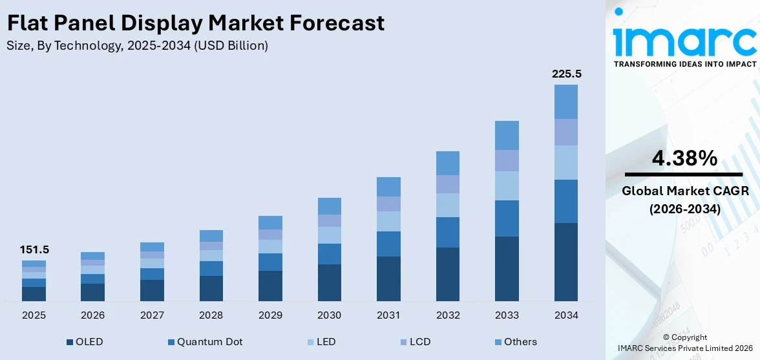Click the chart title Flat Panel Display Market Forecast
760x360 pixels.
[196, 23]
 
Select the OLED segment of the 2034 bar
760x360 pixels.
[566, 262]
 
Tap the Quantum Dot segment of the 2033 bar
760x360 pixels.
[507, 218]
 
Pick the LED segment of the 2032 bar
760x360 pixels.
[448, 205]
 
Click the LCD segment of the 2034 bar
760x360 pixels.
[566, 132]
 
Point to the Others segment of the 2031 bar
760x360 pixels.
[388, 187]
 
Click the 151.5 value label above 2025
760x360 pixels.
[34, 249]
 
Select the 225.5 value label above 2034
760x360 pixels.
[566, 74]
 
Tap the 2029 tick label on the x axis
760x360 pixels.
[270, 315]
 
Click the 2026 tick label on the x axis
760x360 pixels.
[93, 315]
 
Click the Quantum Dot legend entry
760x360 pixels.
[204, 341]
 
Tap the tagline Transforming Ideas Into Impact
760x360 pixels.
[684, 64]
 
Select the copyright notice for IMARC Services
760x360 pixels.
[684, 343]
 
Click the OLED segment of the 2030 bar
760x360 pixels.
[330, 282]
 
